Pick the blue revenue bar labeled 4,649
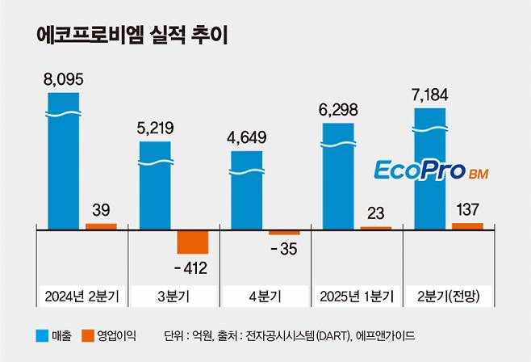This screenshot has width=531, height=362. tap(246, 190)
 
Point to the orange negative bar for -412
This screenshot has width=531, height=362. tap(192, 242)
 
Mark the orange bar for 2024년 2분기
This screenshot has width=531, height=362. tap(101, 226)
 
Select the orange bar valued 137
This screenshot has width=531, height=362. tap(467, 225)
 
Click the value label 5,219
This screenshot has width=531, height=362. tap(156, 128)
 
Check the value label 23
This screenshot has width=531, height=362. tap(375, 213)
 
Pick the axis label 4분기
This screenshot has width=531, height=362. tap(265, 297)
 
